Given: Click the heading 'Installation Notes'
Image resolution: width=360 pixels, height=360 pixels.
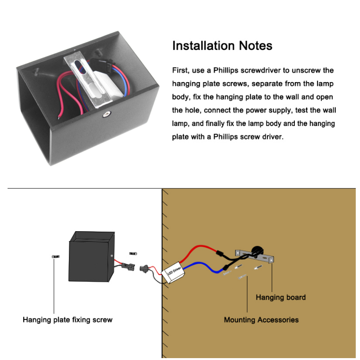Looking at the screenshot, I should point(222,46).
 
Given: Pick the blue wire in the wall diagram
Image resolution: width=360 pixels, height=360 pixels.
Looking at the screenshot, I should point(203,268).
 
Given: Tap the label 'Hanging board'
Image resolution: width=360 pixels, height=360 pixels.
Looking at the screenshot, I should point(281,297).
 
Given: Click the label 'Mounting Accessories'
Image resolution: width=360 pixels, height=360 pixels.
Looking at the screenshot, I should point(261,320).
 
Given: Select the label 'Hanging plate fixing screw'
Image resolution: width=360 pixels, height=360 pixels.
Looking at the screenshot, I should point(68,320).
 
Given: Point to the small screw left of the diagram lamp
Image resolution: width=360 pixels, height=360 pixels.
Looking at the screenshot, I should point(54,257).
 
